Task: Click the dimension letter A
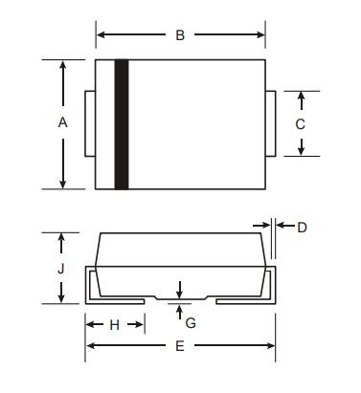(x=62, y=122)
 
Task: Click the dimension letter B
(x=180, y=34)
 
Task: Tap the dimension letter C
(x=301, y=124)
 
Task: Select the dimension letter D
(x=302, y=228)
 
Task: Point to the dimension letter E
(x=180, y=346)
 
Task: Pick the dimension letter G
(x=191, y=323)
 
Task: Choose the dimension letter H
(x=115, y=325)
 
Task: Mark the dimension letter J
(x=61, y=269)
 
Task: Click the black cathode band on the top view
(x=122, y=124)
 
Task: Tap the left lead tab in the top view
(x=90, y=123)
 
